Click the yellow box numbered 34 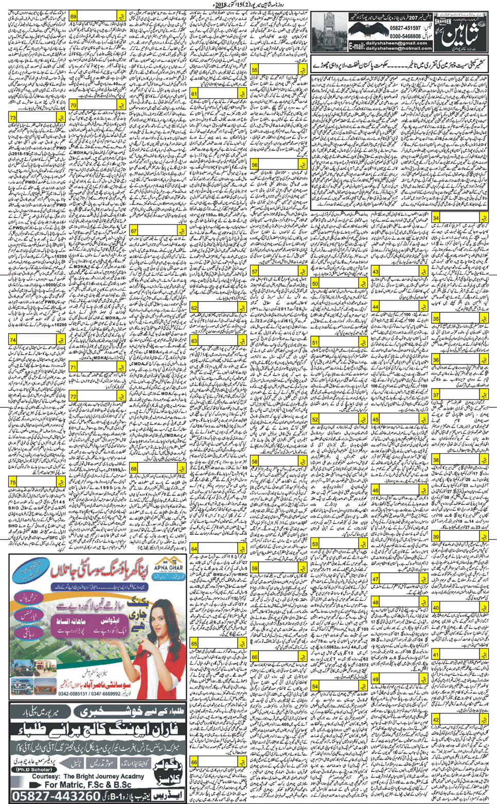click(x=436, y=218)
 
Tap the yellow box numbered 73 click(x=12, y=118)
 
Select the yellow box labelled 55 click(x=255, y=70)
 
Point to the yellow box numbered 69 click(x=73, y=18)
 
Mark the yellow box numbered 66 click(x=194, y=762)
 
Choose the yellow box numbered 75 click(x=12, y=482)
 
